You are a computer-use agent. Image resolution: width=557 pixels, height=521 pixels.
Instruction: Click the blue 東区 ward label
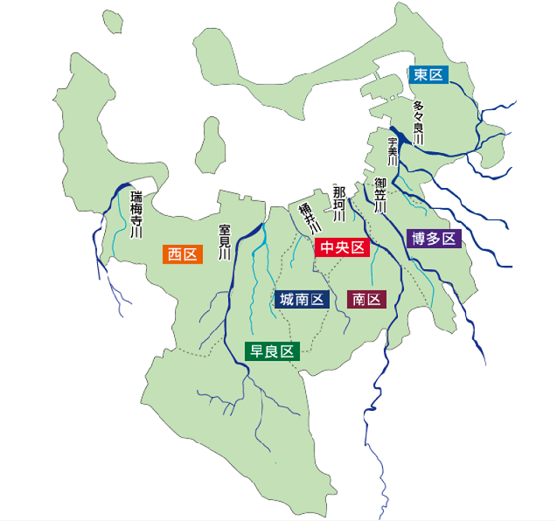point(428,75)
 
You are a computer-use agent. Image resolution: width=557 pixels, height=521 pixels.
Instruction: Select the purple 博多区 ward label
point(434,239)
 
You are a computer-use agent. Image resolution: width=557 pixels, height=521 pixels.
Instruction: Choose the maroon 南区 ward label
point(366,300)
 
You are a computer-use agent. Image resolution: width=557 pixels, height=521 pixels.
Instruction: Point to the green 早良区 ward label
point(272,351)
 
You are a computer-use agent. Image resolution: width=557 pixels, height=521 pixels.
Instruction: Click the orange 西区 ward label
point(183,254)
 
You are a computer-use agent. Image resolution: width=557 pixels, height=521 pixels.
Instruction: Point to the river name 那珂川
point(339,203)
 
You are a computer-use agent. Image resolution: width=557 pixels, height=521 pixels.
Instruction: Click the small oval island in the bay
point(211,142)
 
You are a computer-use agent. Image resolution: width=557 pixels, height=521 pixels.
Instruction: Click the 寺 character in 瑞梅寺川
point(136,221)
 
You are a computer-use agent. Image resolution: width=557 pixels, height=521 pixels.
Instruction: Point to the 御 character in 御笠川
point(380,184)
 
